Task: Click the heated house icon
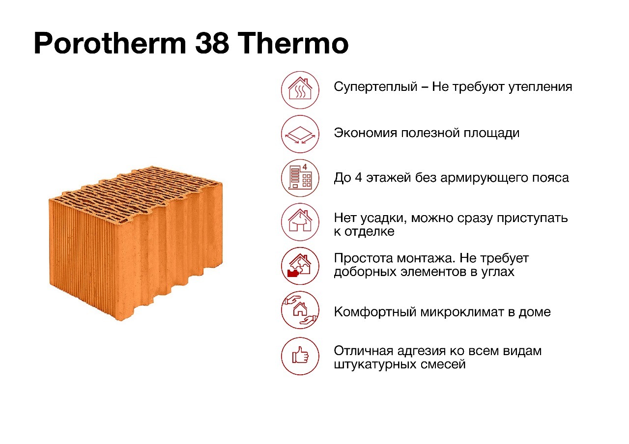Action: click(x=300, y=90)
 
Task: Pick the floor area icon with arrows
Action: click(x=300, y=134)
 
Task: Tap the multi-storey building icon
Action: click(x=300, y=178)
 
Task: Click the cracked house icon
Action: click(x=300, y=222)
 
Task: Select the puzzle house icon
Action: click(x=300, y=266)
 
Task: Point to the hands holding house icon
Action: click(x=300, y=310)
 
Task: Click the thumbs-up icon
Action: click(x=300, y=356)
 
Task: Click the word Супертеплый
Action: click(x=375, y=87)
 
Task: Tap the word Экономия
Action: click(x=365, y=133)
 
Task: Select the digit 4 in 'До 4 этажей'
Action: click(x=358, y=178)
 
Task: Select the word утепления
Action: click(x=540, y=87)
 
